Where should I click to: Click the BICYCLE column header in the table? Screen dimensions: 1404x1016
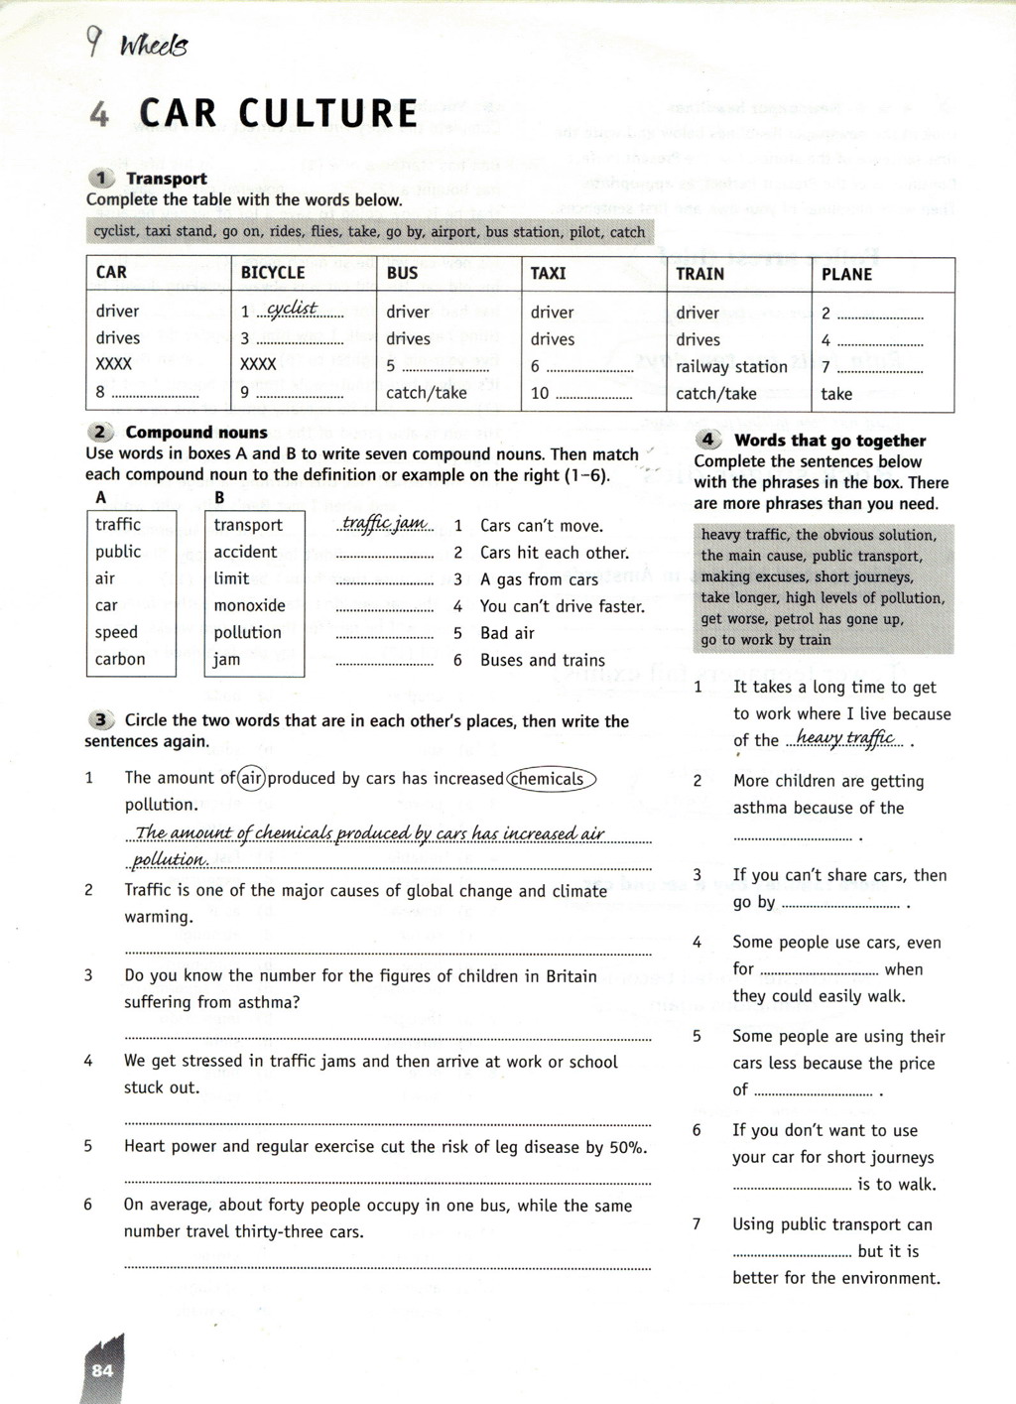tap(273, 273)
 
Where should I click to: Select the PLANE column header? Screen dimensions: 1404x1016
tap(846, 275)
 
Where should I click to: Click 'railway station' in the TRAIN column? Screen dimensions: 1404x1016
tap(731, 367)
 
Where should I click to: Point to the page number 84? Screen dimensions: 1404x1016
tap(102, 1370)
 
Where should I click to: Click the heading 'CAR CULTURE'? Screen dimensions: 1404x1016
tap(279, 114)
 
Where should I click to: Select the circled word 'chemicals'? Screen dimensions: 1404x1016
tap(551, 779)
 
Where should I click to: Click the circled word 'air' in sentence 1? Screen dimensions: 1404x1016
tap(252, 779)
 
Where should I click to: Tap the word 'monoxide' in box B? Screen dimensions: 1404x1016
tap(249, 605)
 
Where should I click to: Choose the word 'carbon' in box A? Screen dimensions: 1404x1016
tap(120, 659)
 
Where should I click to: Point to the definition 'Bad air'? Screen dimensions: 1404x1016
tap(507, 633)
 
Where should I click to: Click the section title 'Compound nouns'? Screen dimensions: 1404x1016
tap(196, 433)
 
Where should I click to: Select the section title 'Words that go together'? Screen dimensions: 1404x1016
tap(829, 441)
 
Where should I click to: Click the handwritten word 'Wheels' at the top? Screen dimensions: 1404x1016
tap(153, 47)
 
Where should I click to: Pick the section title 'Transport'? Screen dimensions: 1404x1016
tap(167, 179)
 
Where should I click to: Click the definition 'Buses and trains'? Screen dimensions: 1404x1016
tap(542, 660)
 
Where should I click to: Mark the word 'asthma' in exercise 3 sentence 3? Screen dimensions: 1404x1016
tap(267, 1002)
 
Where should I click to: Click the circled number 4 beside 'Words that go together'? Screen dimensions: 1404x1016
tap(707, 440)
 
